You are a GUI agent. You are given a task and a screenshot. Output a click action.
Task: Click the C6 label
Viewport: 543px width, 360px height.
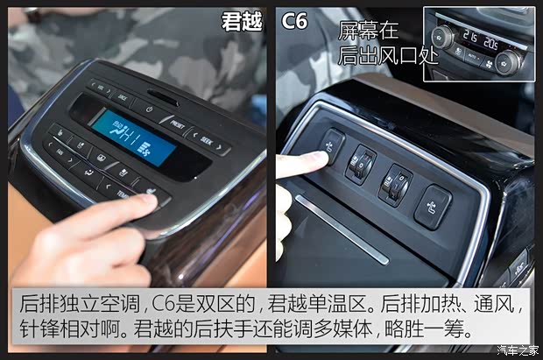click(296, 21)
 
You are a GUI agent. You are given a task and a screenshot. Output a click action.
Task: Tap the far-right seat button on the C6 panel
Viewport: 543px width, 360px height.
click(433, 207)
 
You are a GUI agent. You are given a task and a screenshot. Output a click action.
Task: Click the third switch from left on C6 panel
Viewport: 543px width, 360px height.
click(394, 183)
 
